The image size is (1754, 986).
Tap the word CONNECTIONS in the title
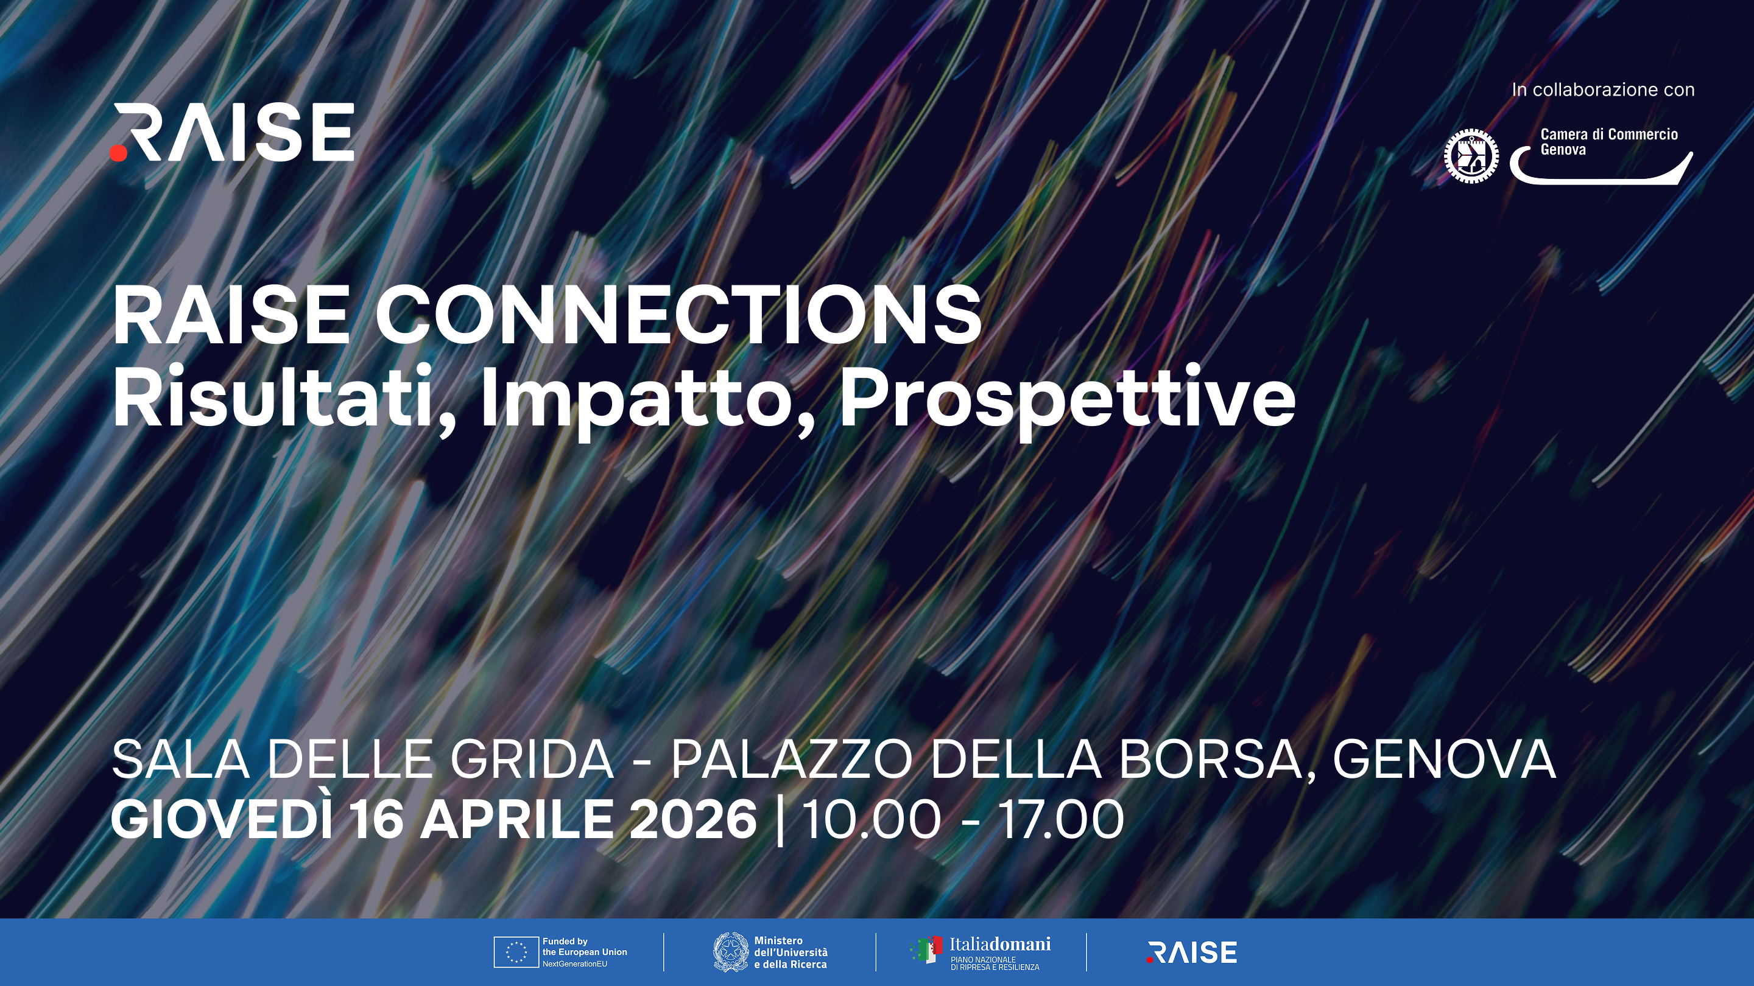pos(678,315)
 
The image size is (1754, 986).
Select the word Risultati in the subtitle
pos(272,397)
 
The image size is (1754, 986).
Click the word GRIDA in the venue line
pos(532,760)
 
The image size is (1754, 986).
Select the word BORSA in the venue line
pos(1211,760)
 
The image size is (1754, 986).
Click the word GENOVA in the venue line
pos(1444,760)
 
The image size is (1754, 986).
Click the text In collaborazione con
pos(1603,90)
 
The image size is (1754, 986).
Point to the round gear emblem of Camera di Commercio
pos(1471,155)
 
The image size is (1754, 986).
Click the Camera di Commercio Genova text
pos(1608,142)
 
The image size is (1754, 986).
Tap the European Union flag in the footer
pos(516,952)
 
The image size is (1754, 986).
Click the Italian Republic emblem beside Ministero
pos(731,952)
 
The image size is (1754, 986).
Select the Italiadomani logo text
pos(999,945)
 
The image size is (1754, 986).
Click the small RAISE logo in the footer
pos(1192,953)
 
